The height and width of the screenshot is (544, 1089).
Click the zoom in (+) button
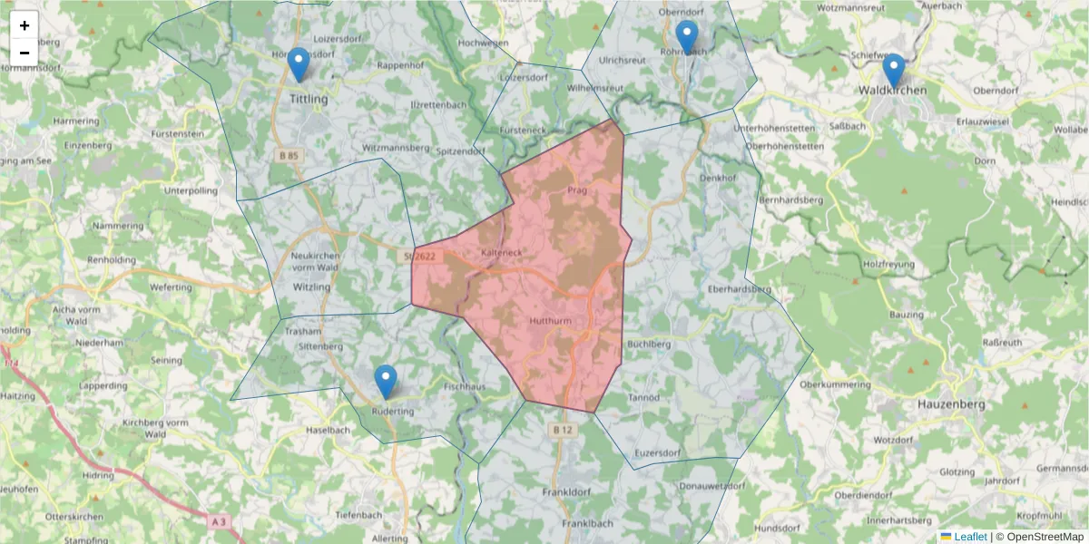point(25,25)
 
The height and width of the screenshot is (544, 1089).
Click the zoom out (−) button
point(25,53)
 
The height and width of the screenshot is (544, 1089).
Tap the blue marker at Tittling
point(298,64)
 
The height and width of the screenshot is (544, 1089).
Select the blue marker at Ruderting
point(386,382)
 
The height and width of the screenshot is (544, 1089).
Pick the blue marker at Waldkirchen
point(894,71)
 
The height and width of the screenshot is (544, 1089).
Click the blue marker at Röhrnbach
point(687,37)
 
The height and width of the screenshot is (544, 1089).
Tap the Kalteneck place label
point(501,252)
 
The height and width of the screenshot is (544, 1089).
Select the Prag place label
point(577,190)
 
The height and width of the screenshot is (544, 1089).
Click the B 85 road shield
point(289,156)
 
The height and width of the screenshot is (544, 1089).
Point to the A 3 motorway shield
point(218,521)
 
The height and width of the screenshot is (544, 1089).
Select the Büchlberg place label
point(649,345)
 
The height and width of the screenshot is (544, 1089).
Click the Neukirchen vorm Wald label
point(315,261)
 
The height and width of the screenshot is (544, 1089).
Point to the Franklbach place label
point(587,523)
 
